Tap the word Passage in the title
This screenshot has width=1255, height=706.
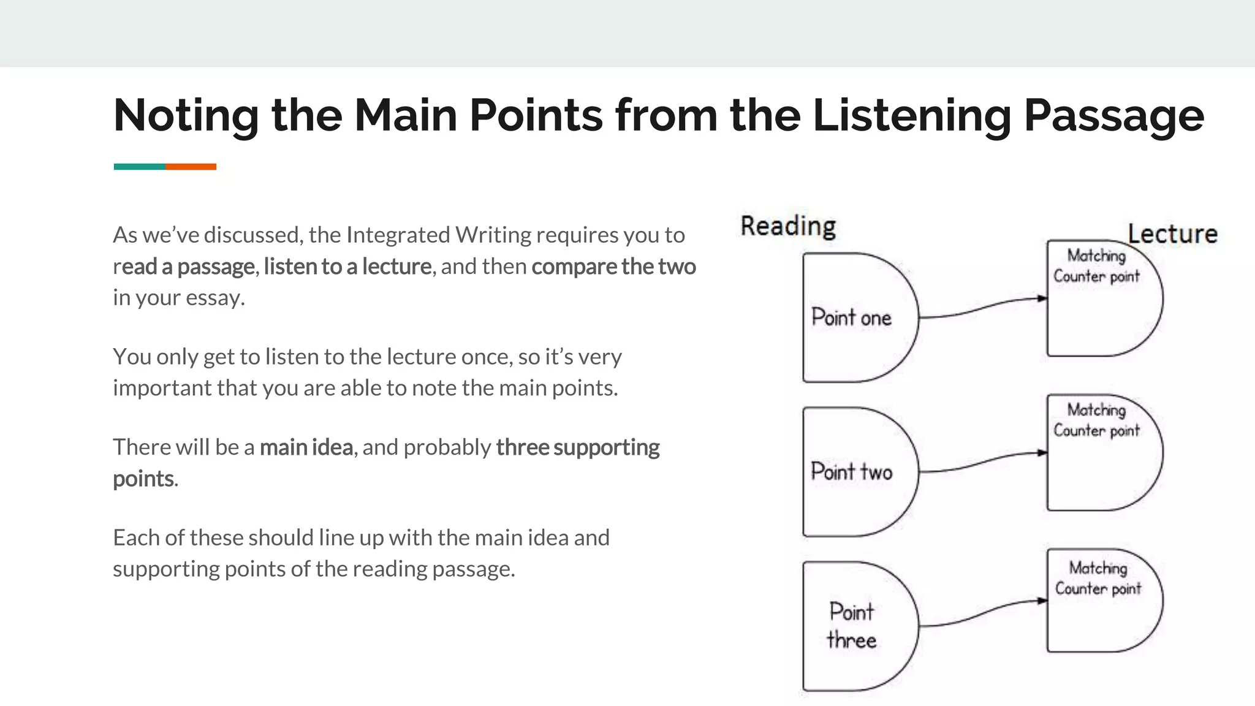tap(1113, 115)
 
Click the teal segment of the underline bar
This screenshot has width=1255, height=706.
tap(139, 167)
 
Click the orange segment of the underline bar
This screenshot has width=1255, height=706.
tap(191, 167)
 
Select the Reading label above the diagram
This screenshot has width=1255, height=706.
tap(788, 226)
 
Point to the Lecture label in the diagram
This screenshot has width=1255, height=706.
tap(1172, 234)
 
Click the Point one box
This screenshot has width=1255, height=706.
tap(852, 317)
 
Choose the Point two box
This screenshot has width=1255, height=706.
tap(852, 472)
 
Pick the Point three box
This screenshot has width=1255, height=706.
tap(852, 626)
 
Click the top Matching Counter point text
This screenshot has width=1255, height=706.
tap(1096, 266)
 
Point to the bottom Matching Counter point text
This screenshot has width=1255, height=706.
tap(1098, 579)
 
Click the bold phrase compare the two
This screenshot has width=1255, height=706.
tap(613, 267)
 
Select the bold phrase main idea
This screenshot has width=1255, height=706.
tap(306, 447)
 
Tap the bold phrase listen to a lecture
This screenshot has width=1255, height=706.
tap(347, 267)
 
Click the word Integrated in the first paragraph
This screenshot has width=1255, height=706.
tap(398, 235)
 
